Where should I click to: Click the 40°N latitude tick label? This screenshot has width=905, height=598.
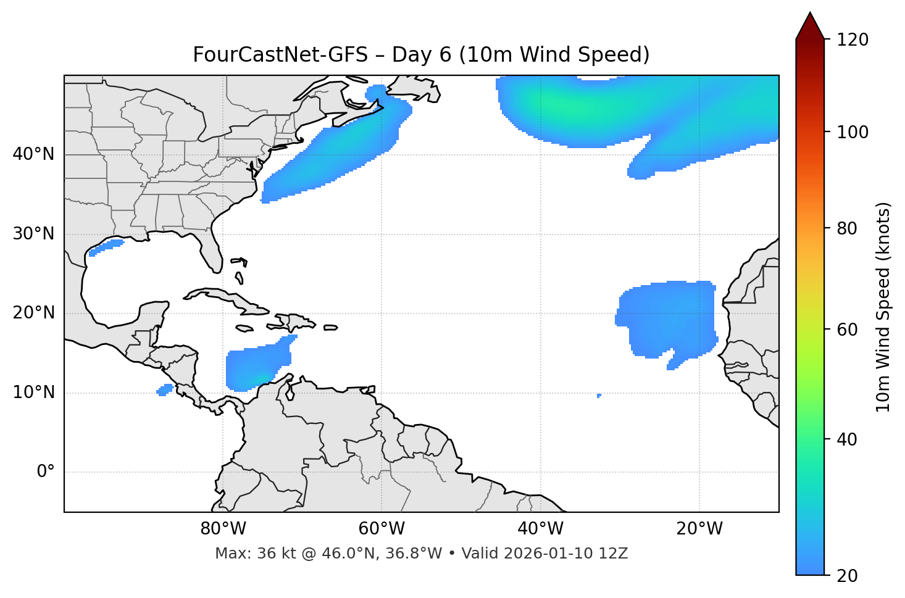tap(33, 154)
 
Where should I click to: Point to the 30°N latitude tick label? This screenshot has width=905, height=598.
tap(33, 234)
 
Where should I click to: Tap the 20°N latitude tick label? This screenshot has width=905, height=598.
tap(33, 313)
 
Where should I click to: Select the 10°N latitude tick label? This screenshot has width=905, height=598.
tap(33, 392)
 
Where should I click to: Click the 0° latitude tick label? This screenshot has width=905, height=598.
tap(46, 472)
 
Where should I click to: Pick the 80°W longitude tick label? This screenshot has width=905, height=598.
tap(223, 529)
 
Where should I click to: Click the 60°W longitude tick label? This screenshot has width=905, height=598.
tap(382, 529)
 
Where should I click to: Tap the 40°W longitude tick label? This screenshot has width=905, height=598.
tap(540, 529)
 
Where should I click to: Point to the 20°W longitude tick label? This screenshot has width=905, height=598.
tap(699, 529)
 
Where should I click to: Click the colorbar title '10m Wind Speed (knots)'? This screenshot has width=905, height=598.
tap(883, 307)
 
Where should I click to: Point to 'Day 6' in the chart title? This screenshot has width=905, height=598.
tap(421, 55)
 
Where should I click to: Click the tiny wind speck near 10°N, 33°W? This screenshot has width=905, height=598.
tap(599, 395)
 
